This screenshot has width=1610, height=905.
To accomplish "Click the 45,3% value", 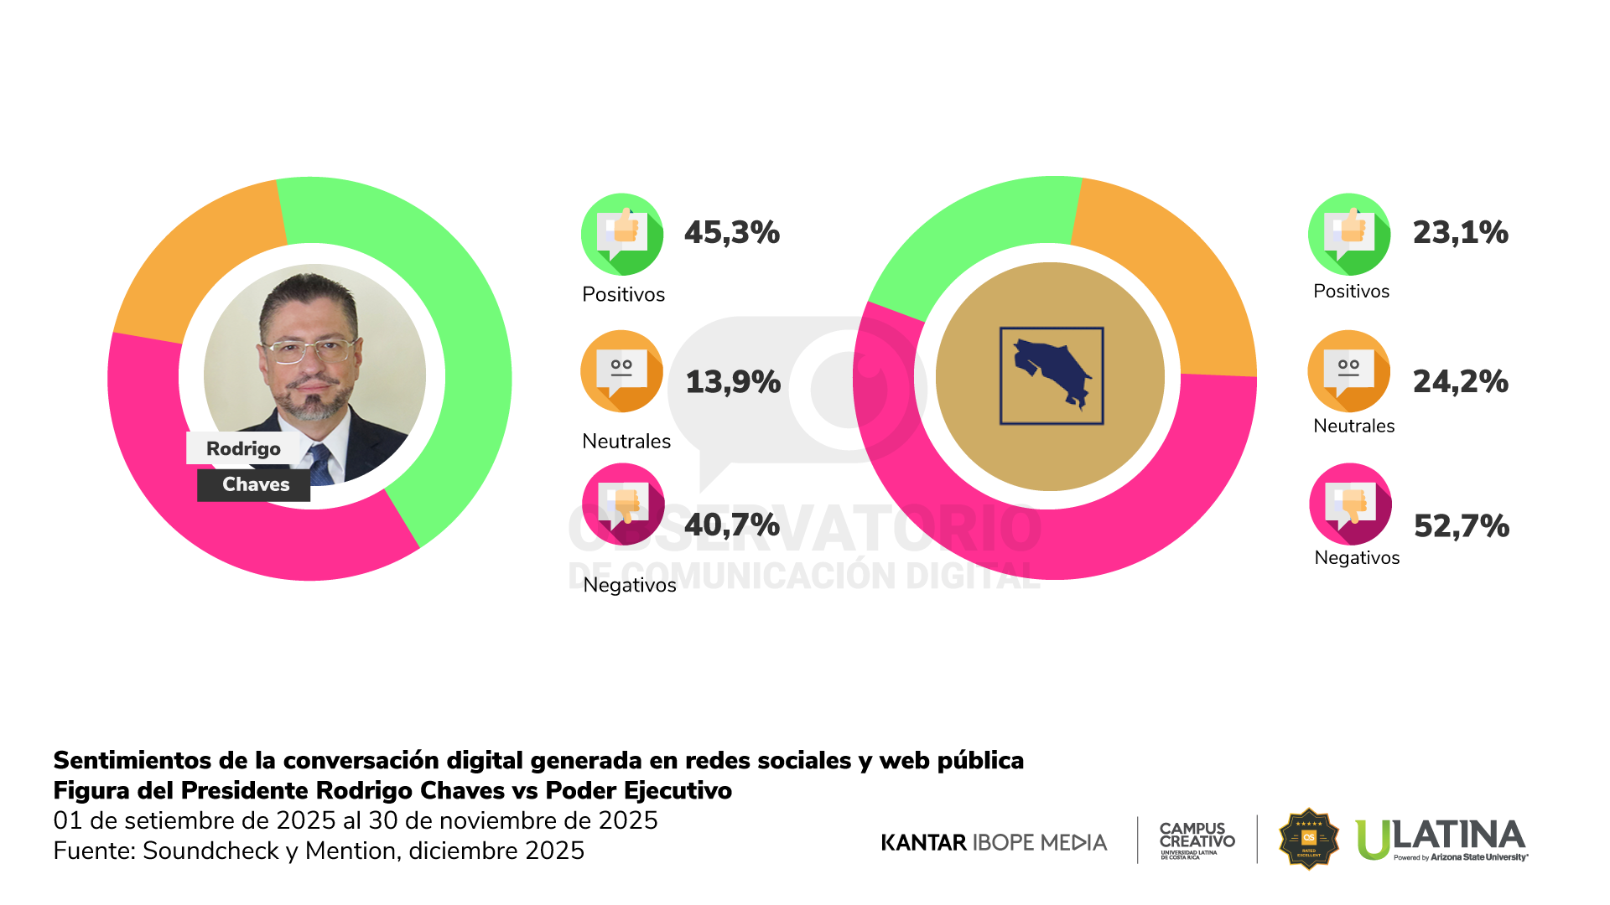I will tap(732, 233).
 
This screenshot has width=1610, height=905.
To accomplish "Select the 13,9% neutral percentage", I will tap(733, 382).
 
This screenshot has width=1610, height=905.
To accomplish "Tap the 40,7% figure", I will tap(732, 525).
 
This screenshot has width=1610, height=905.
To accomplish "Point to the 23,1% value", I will tap(1460, 233).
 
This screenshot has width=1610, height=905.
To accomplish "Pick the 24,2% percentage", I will tap(1460, 382).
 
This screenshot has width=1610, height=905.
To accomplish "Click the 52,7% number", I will tap(1461, 526).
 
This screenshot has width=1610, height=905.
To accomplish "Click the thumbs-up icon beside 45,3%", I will tap(622, 234).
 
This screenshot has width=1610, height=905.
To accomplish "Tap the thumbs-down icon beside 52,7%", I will tap(1350, 504).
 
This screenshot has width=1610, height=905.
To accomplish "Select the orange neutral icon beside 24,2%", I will tap(1348, 370).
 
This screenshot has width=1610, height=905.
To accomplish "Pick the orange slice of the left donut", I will tap(193, 260).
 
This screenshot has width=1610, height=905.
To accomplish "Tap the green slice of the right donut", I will tap(964, 243).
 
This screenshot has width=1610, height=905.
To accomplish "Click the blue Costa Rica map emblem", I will tap(1052, 376).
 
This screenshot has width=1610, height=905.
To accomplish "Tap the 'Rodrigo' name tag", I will tap(243, 448).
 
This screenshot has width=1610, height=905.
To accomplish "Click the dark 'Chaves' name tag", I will tap(254, 484).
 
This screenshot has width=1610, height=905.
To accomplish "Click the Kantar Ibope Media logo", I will tap(994, 842).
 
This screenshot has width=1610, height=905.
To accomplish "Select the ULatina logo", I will tap(1441, 839).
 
